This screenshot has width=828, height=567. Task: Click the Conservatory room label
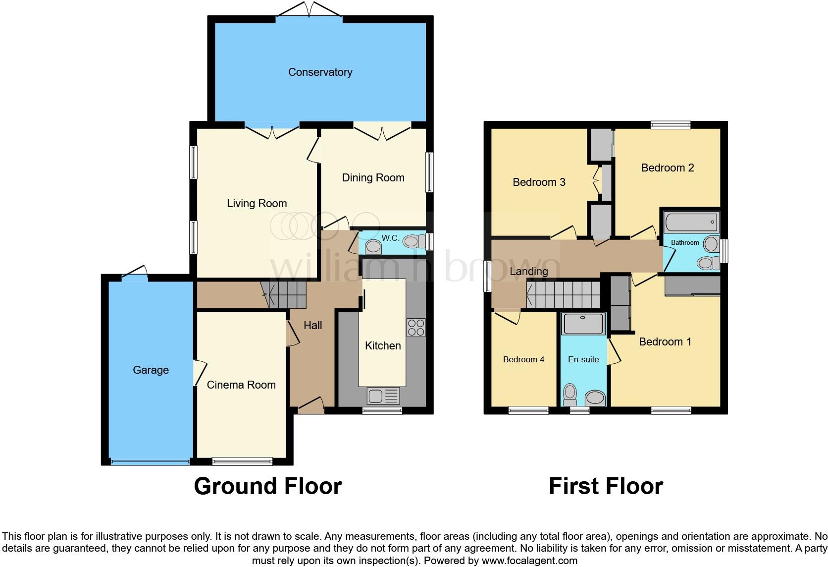pyautogui.click(x=320, y=72)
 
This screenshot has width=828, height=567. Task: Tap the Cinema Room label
pyautogui.click(x=241, y=385)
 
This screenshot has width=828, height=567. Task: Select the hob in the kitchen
pyautogui.click(x=415, y=327)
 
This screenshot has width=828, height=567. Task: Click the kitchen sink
pyautogui.click(x=383, y=396)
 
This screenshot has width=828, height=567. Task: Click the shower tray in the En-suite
pyautogui.click(x=583, y=323)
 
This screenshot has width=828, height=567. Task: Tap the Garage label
pyautogui.click(x=151, y=370)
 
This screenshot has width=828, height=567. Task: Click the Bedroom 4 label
pyautogui.click(x=523, y=360)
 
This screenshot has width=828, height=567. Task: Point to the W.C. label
pyautogui.click(x=390, y=238)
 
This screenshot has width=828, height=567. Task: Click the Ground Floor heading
pyautogui.click(x=267, y=486)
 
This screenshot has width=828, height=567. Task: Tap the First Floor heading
pyautogui.click(x=606, y=486)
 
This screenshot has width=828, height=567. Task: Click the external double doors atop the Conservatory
pyautogui.click(x=309, y=10)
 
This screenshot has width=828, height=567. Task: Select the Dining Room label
pyautogui.click(x=373, y=178)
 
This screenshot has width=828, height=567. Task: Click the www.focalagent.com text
pyautogui.click(x=529, y=561)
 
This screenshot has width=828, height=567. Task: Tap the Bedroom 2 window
pyautogui.click(x=671, y=125)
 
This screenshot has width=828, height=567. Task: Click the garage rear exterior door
pyautogui.click(x=135, y=275)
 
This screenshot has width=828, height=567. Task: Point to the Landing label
pyautogui.click(x=528, y=272)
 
